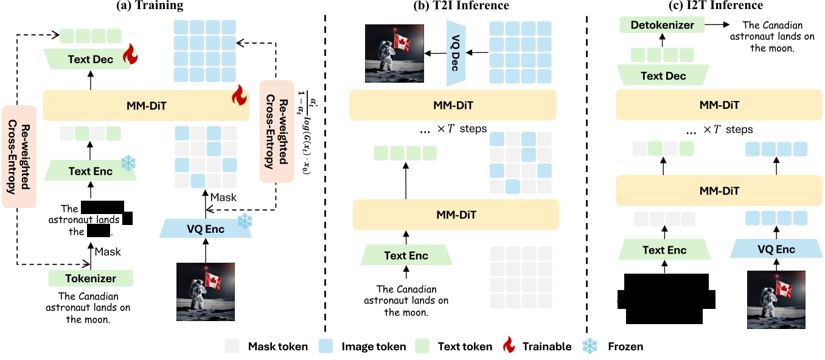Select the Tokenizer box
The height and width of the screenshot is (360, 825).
[x=91, y=279]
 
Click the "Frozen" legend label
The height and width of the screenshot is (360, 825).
[x=625, y=347]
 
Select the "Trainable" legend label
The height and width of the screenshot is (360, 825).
[x=547, y=347]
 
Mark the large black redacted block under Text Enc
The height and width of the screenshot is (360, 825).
[x=664, y=298]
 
